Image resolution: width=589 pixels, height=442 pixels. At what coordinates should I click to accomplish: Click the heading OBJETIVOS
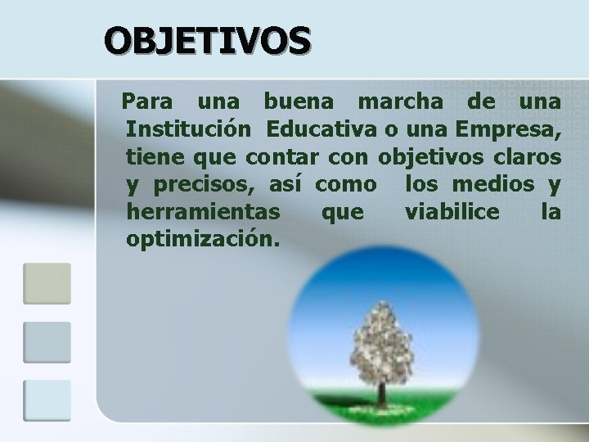coord(207,38)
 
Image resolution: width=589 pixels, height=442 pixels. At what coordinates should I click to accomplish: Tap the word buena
coord(298,104)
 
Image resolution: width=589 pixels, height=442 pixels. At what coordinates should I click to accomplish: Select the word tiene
coord(152,156)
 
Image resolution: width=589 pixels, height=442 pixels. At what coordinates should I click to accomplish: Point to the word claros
coord(531,156)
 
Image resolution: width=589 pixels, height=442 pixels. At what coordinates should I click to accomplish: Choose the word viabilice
coord(452,212)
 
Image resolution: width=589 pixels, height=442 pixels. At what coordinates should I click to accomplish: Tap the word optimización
coord(203,239)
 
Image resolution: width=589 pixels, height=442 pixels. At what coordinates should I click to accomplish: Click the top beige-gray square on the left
coord(47,283)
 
